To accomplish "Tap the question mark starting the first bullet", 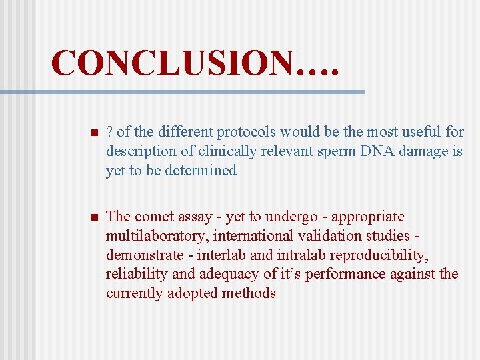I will point(109,132).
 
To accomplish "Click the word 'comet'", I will point(155,217).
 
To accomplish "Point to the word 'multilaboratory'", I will point(157,236).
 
